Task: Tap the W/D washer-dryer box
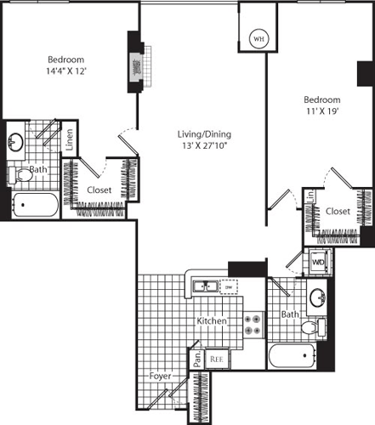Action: click(x=318, y=263)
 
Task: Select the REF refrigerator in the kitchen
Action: click(x=217, y=359)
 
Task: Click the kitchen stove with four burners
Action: click(x=253, y=323)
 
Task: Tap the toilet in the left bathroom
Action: click(x=19, y=174)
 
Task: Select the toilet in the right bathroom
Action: click(x=311, y=328)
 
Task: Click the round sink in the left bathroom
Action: click(x=15, y=142)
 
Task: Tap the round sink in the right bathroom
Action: click(x=318, y=298)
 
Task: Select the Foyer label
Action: click(x=162, y=375)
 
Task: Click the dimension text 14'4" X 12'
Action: click(x=65, y=71)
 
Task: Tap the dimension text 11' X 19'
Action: click(x=322, y=110)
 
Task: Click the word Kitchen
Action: click(x=211, y=322)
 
